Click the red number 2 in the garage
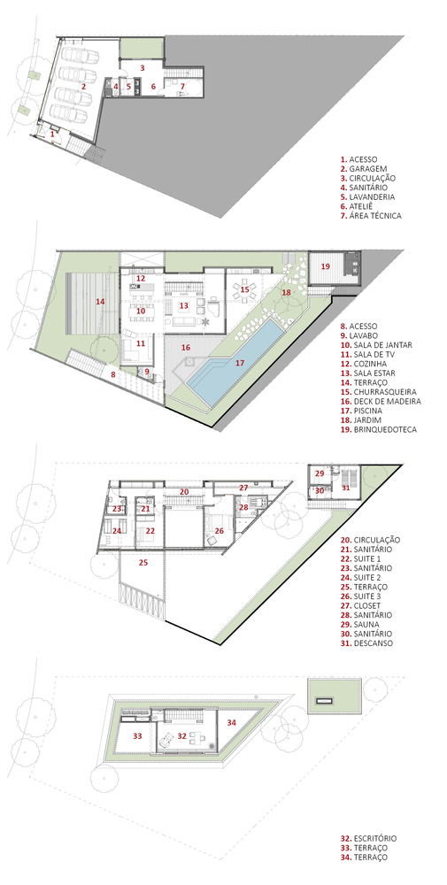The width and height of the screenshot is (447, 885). click(82, 87)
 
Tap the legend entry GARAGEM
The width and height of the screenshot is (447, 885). click(366, 168)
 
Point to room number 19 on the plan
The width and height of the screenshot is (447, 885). click(326, 266)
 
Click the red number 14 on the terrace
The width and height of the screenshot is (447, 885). click(100, 302)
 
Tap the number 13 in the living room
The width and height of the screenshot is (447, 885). click(183, 305)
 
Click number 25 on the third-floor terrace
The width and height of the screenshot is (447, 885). click(143, 562)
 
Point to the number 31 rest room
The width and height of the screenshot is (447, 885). click(346, 488)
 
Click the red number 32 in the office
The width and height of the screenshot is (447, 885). click(181, 735)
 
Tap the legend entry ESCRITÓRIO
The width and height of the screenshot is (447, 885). click(374, 837)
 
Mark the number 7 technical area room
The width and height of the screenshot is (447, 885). click(182, 86)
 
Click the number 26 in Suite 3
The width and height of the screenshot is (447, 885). click(219, 531)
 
